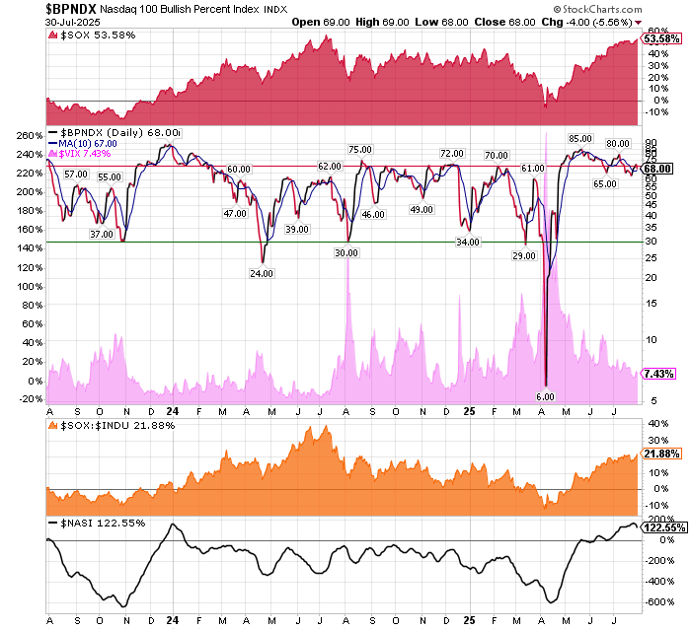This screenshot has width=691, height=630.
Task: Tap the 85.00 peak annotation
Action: [x=579, y=138]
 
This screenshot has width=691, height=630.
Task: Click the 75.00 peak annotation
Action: [x=359, y=149]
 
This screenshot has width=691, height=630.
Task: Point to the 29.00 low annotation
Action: [x=524, y=255]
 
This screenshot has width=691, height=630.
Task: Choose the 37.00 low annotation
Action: [x=102, y=234]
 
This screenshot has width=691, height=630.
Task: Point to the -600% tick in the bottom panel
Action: [x=654, y=601]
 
